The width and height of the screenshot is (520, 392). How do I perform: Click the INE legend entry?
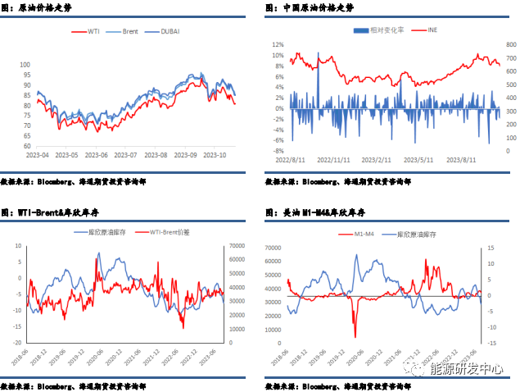tap(433, 30)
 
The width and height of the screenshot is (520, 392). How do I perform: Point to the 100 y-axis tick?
tap(25, 64)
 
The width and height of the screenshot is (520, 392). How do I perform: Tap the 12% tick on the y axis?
tap(278, 45)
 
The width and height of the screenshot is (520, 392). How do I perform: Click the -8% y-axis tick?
tap(278, 151)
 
